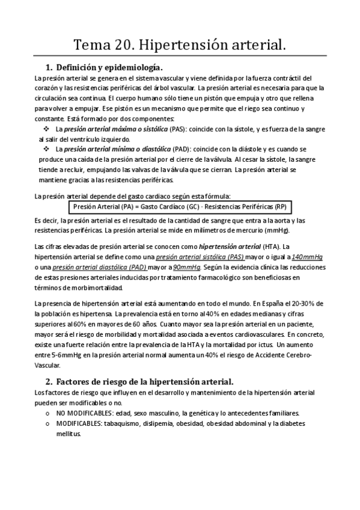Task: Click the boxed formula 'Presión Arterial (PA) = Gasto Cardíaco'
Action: tap(180, 207)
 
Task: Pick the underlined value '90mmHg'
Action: tap(188, 267)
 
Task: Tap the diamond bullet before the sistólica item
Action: tap(47, 129)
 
